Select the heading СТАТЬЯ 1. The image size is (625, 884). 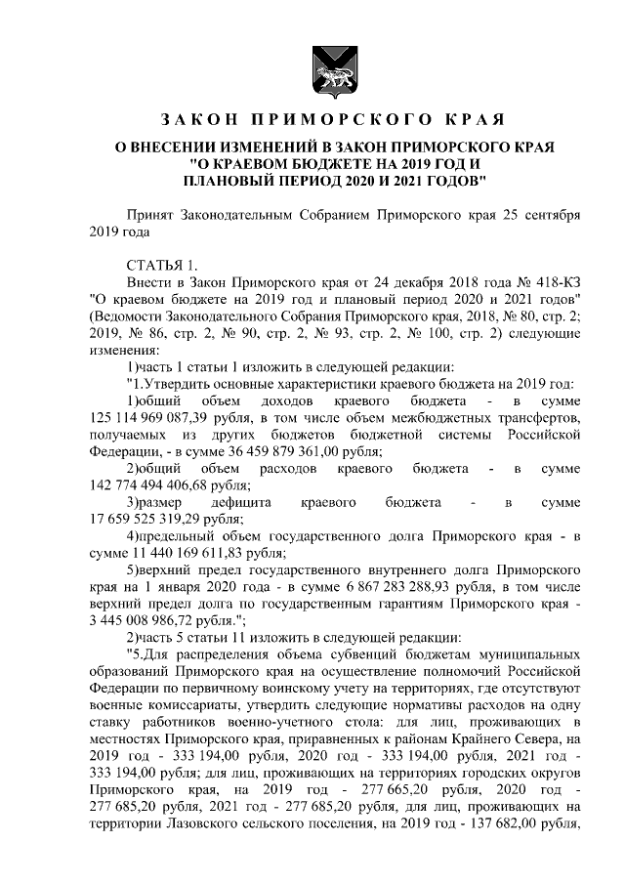163,267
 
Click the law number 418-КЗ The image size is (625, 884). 557,280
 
